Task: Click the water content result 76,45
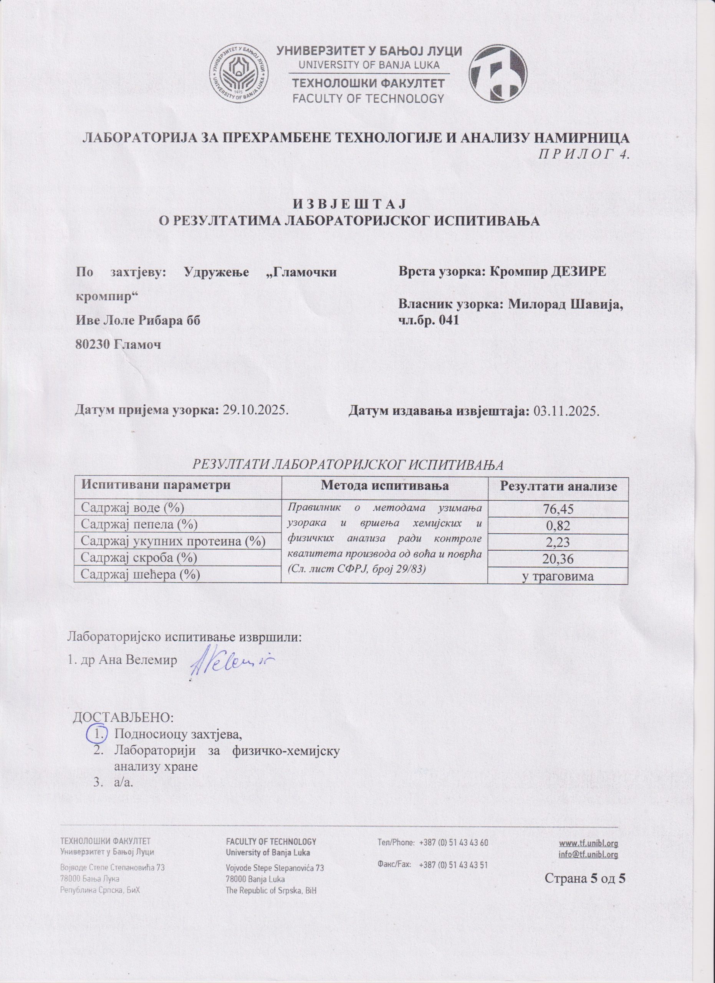click(557, 509)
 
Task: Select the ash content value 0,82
click(557, 526)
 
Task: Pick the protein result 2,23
click(557, 542)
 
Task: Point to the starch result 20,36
click(557, 559)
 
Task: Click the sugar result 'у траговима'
click(557, 576)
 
